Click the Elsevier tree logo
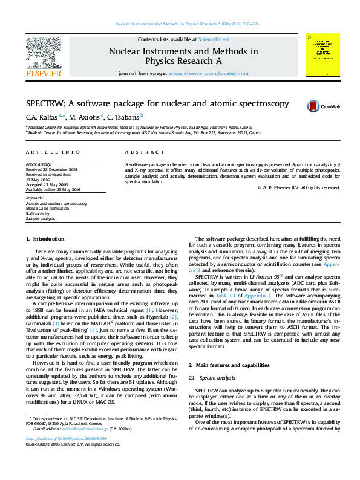click(43, 53)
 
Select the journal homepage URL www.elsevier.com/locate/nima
click(208, 73)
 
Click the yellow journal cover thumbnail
click(322, 55)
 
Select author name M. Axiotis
click(85, 117)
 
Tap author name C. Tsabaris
click(125, 117)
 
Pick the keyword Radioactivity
click(38, 213)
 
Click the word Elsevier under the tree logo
click(43, 73)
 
